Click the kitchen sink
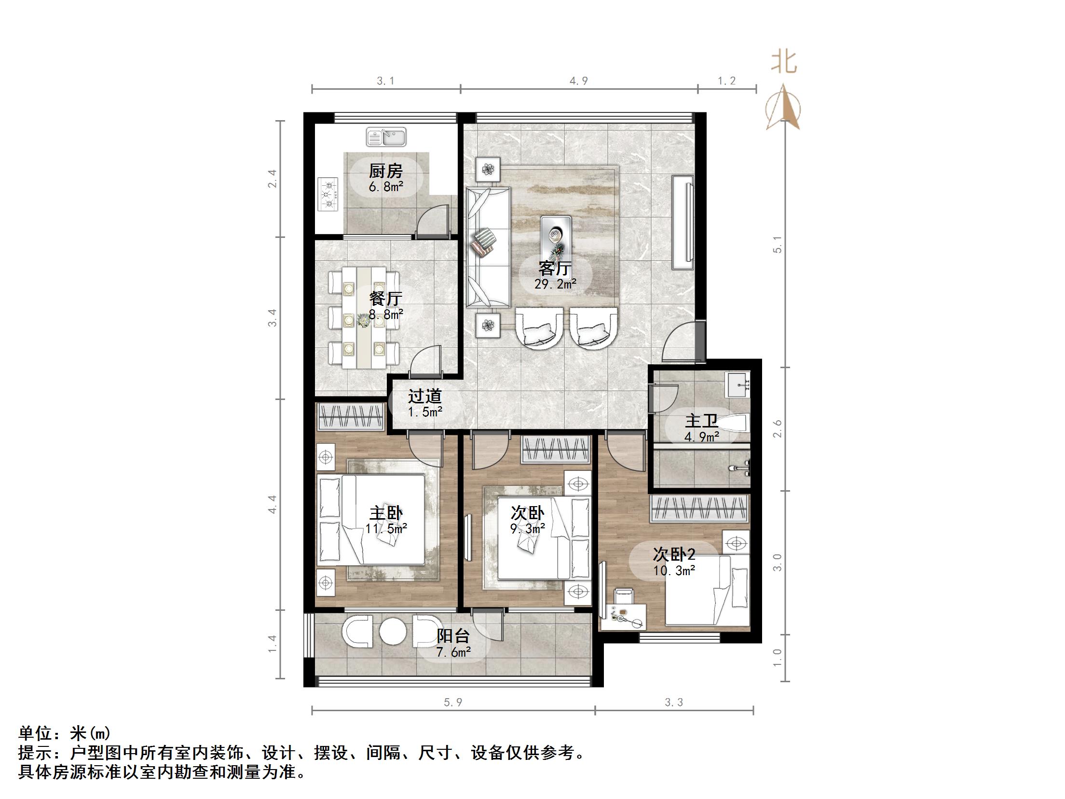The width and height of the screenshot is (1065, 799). click(x=386, y=137)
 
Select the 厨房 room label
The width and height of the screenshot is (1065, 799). click(x=385, y=171)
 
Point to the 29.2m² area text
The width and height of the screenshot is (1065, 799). click(x=555, y=284)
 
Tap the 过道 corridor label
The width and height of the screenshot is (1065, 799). click(x=424, y=396)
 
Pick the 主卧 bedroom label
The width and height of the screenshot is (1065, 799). click(x=386, y=513)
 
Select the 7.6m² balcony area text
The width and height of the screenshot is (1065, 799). click(x=453, y=652)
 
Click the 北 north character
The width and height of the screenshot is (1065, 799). click(x=784, y=63)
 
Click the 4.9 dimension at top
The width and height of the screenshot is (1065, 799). click(x=578, y=81)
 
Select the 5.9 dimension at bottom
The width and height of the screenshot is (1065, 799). click(x=453, y=703)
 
